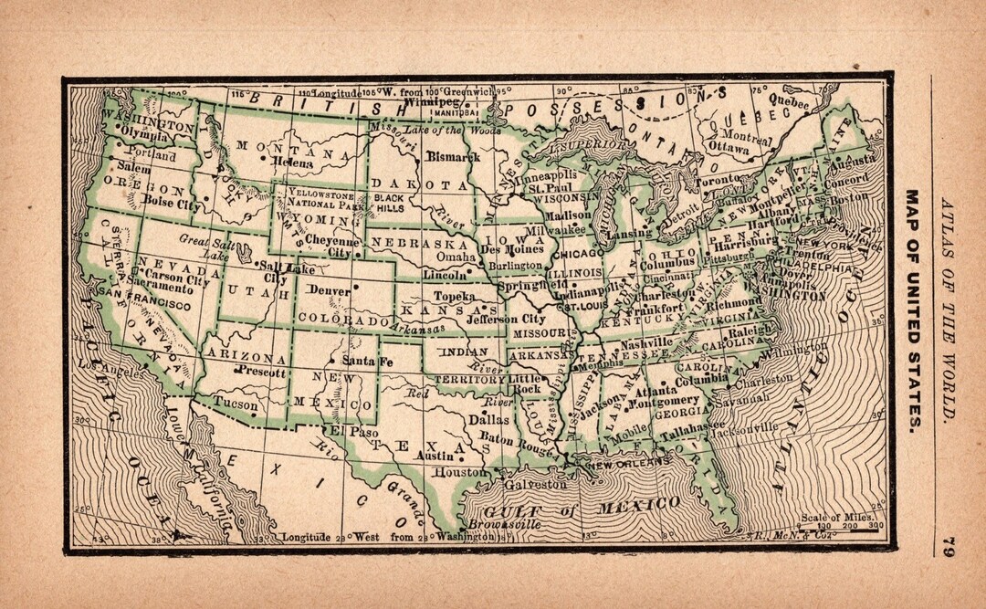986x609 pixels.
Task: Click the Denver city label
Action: (x=329, y=289)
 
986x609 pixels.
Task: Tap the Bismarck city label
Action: (x=452, y=157)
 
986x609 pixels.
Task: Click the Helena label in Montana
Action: (x=292, y=163)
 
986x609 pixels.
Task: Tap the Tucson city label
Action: (x=236, y=403)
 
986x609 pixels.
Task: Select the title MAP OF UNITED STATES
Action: (x=913, y=310)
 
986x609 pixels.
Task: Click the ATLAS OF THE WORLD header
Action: (x=949, y=310)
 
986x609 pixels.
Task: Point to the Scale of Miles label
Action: (x=833, y=518)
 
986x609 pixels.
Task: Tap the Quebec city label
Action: (x=788, y=102)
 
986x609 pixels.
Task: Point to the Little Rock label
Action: (x=524, y=383)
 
